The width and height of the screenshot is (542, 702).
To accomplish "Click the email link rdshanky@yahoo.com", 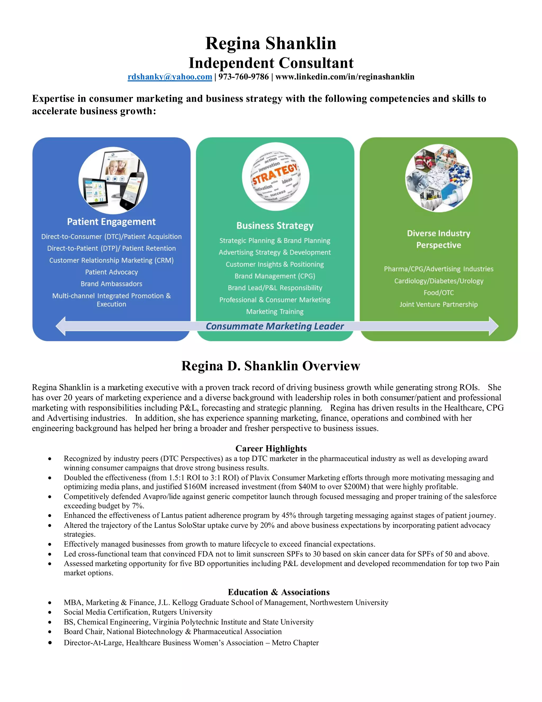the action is click(x=170, y=77).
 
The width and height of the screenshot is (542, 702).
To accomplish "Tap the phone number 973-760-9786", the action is click(x=243, y=77).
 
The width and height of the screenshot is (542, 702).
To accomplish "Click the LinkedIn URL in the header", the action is click(x=345, y=77).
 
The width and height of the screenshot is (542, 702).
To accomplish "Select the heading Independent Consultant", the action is click(x=271, y=63).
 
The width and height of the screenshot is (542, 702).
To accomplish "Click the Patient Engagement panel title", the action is click(x=111, y=222).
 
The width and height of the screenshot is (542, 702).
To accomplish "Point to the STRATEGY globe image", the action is click(x=275, y=176).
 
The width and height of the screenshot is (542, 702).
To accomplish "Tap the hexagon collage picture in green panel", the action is click(x=439, y=178).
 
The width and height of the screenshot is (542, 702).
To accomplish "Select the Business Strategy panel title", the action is click(x=275, y=226).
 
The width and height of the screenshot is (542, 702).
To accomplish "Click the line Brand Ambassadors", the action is click(x=111, y=284).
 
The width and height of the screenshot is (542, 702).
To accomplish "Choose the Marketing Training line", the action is click(x=275, y=312).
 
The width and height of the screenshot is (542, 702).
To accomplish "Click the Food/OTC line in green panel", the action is click(x=439, y=292).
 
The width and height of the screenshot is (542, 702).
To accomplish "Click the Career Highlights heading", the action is click(x=271, y=448).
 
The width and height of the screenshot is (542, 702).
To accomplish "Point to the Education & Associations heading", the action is click(x=279, y=592).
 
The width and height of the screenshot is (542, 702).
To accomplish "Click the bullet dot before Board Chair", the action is click(x=50, y=632).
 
